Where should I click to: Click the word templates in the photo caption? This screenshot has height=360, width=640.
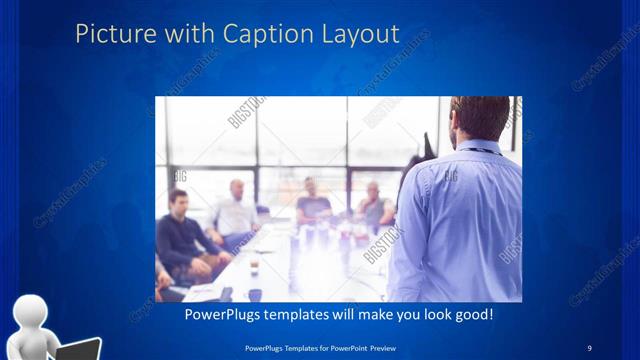(303, 314)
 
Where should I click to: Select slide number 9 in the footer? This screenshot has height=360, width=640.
(588, 347)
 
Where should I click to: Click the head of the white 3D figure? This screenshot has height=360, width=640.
(34, 314)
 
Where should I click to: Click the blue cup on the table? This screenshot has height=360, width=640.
(256, 295)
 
